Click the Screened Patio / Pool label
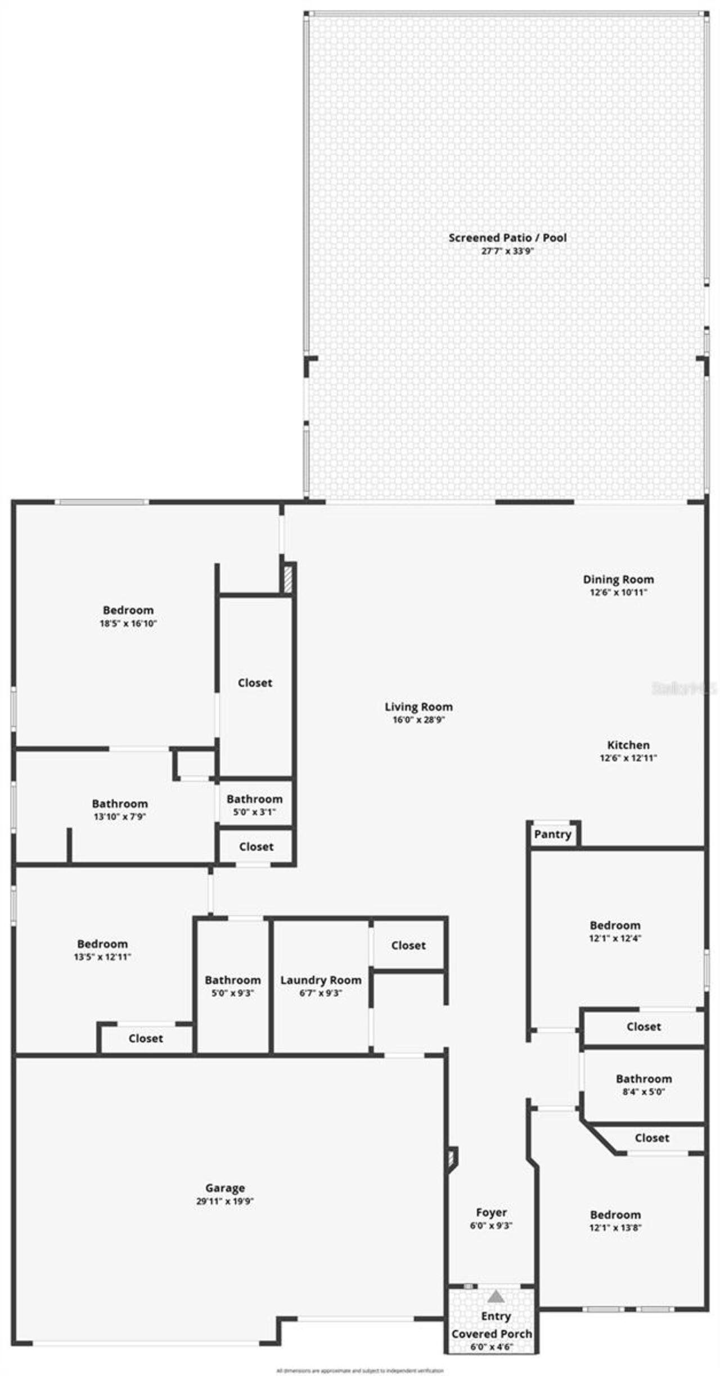click(507, 237)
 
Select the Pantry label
click(552, 834)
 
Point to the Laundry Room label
click(321, 980)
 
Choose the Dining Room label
click(618, 579)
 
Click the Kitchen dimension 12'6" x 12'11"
click(628, 758)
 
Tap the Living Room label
click(418, 707)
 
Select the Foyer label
click(491, 1212)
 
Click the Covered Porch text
click(492, 1333)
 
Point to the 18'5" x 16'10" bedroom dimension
click(128, 623)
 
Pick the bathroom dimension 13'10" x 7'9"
click(120, 817)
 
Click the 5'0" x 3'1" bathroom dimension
click(254, 812)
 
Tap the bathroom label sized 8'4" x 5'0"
click(643, 1078)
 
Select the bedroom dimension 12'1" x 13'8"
click(615, 1227)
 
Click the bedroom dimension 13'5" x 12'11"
click(102, 957)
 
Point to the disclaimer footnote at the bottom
click(360, 1370)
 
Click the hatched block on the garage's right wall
click(452, 1159)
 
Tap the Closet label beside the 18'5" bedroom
click(255, 682)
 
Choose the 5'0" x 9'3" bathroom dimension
click(232, 993)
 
